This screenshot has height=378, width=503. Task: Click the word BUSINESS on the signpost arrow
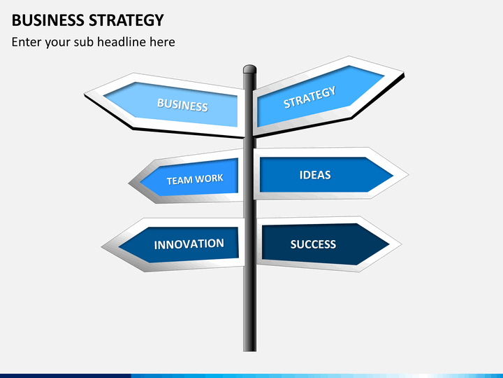pos(182,105)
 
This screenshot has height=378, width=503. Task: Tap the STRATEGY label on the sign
pos(310,97)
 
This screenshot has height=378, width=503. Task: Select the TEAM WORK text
pos(195,179)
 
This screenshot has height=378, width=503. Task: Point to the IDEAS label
pos(315,175)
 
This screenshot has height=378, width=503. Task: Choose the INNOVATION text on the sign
pos(189,244)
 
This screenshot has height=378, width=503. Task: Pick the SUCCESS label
pos(313,244)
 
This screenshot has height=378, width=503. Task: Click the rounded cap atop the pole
pos(249,69)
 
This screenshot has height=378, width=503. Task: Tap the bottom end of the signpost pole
pos(249,351)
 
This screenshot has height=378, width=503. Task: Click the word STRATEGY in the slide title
pos(126,20)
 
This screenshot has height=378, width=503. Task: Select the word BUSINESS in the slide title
pos(48,20)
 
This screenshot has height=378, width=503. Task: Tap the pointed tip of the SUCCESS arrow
pos(401,244)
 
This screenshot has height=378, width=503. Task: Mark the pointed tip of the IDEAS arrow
pos(409,175)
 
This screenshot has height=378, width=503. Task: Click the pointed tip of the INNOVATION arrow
pos(101,247)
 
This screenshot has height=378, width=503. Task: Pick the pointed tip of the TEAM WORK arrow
pos(129,183)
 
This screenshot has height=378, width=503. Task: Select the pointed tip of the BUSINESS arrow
pos(85,94)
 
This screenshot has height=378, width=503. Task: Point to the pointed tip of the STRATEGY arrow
pos(404,73)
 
